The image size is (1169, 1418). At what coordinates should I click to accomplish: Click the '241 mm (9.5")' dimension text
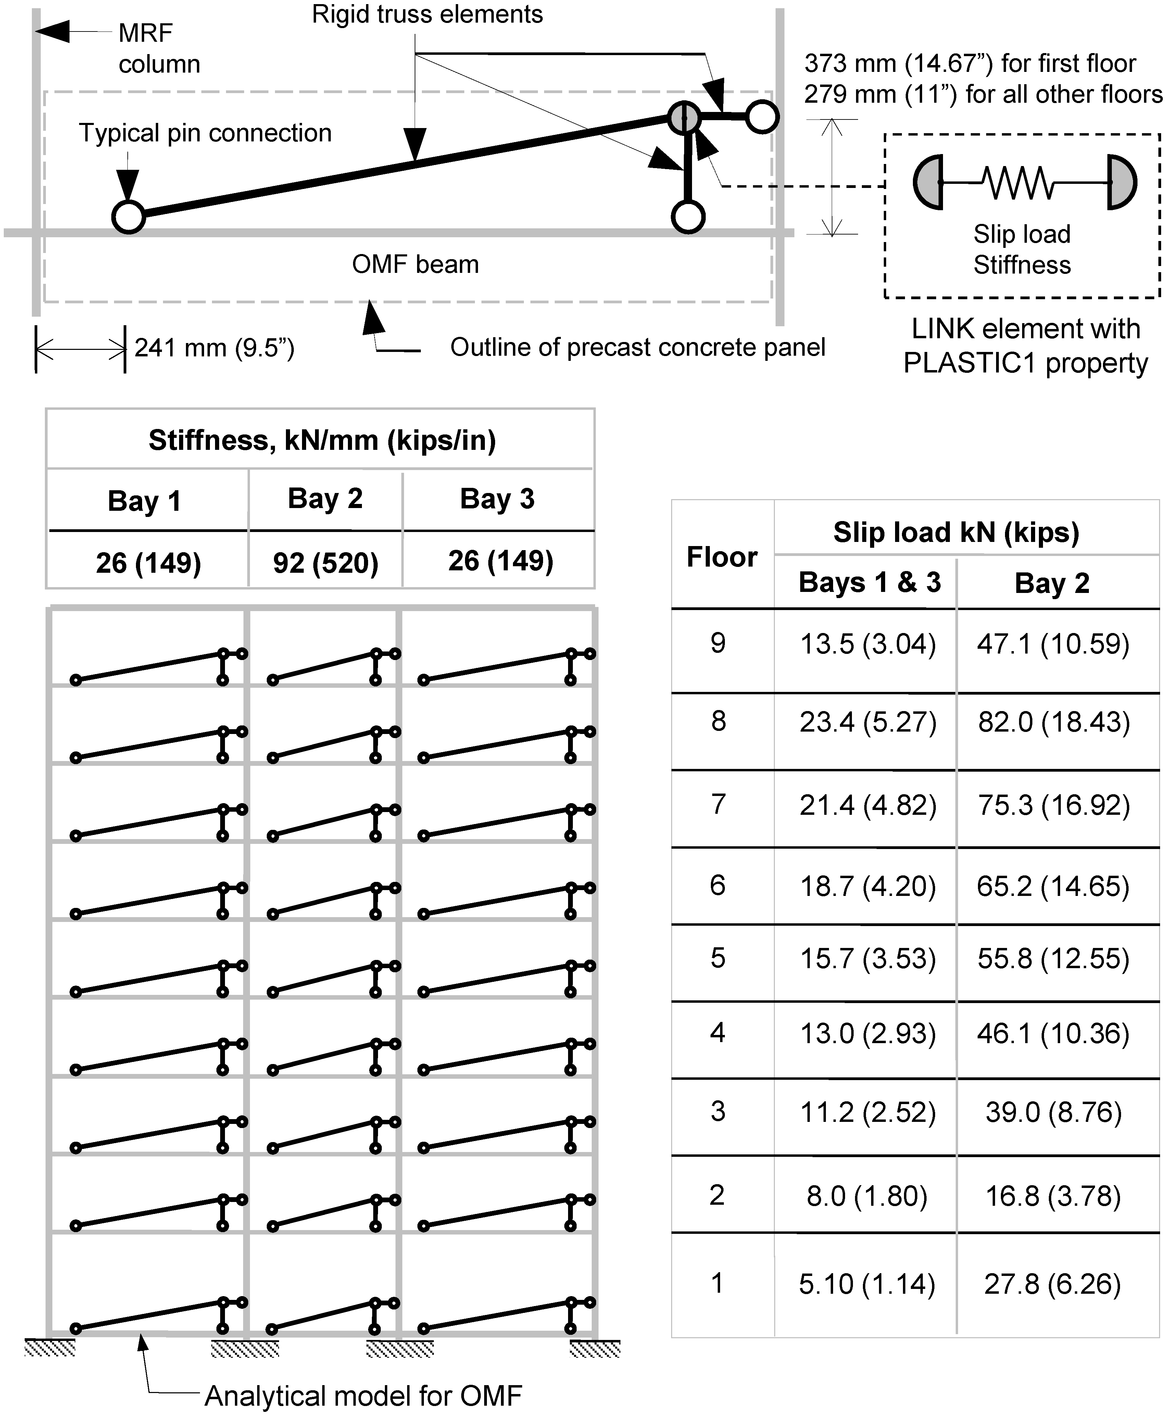[214, 348]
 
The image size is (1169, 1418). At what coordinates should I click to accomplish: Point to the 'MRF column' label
[159, 49]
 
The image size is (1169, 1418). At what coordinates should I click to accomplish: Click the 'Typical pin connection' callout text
[205, 133]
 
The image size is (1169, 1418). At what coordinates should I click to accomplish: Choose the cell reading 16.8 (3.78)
[1053, 1196]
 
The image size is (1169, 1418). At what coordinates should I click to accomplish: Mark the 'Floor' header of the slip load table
[722, 557]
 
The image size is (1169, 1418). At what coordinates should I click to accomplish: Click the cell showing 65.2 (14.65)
[1053, 886]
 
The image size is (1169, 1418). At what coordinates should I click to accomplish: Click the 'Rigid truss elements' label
[427, 14]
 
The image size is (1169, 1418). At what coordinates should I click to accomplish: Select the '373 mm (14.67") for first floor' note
[970, 63]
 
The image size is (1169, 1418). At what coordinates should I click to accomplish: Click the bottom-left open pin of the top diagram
[128, 217]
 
